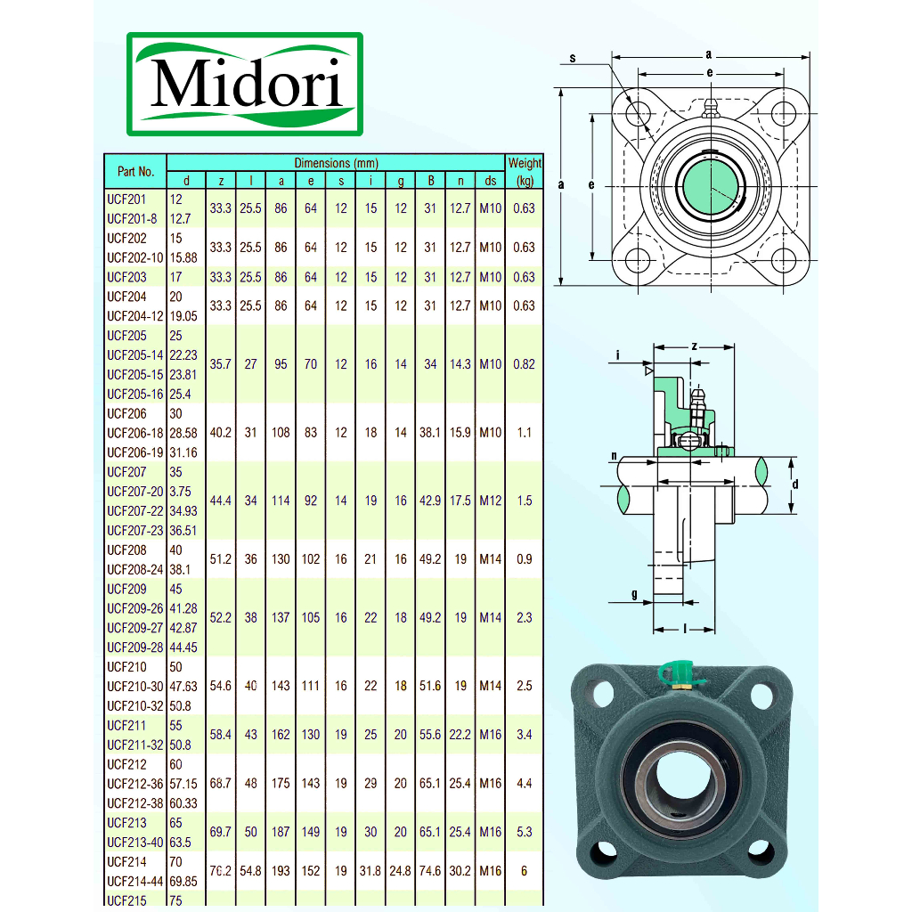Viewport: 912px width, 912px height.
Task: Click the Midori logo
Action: pyautogui.click(x=245, y=85)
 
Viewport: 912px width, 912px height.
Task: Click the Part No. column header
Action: pyautogui.click(x=135, y=172)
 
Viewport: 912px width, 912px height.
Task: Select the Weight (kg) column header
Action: pyautogui.click(x=525, y=172)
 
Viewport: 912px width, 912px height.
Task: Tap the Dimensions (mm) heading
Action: pyautogui.click(x=336, y=163)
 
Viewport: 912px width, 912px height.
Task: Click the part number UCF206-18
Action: pyautogui.click(x=135, y=433)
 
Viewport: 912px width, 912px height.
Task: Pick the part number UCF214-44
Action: pyautogui.click(x=135, y=881)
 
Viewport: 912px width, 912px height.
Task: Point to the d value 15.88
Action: pyautogui.click(x=183, y=257)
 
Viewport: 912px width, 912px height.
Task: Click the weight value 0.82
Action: pyautogui.click(x=524, y=364)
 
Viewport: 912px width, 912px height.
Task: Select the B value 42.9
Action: pyautogui.click(x=430, y=501)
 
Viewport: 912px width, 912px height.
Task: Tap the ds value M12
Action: pyautogui.click(x=491, y=501)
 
